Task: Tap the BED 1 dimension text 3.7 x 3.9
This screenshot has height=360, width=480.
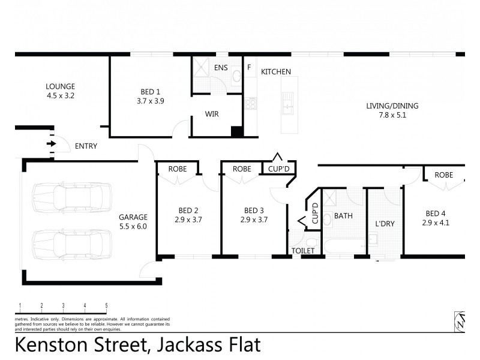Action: [x=151, y=101]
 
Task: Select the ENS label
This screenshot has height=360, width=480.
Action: [x=221, y=67]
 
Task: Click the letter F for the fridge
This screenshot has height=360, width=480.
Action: [x=248, y=67]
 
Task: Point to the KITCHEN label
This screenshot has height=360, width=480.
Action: [x=275, y=72]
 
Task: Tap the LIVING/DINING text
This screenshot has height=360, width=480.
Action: [x=392, y=106]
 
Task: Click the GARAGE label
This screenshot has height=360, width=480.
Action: [x=133, y=217]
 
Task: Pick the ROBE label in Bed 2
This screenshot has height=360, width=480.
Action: [x=177, y=169]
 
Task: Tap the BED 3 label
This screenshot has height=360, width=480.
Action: [x=254, y=210]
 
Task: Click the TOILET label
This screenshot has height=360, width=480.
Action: [x=302, y=250]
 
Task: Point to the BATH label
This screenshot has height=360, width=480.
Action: [x=343, y=215]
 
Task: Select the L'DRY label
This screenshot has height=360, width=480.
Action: [x=384, y=224]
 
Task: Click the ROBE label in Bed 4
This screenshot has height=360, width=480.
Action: [x=443, y=175]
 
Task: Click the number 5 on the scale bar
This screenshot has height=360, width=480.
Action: [x=106, y=305]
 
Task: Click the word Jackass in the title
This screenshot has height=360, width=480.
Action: [x=182, y=346]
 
